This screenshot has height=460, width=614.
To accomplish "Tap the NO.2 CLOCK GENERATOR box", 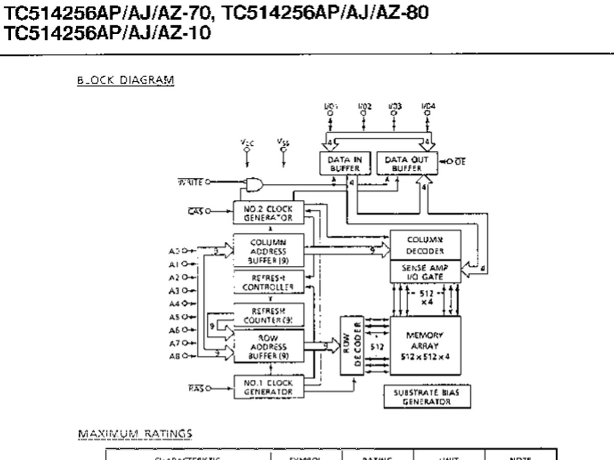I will pyautogui.click(x=268, y=213).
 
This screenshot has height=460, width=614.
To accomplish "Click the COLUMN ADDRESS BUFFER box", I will pyautogui.click(x=268, y=251).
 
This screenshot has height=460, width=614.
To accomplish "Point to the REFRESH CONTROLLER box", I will pyautogui.click(x=268, y=282).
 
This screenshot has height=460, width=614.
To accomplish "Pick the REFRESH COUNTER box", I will pyautogui.click(x=268, y=316).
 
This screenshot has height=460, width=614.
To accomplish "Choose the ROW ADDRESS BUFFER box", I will pyautogui.click(x=268, y=347).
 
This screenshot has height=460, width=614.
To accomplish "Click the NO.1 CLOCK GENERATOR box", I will pyautogui.click(x=268, y=387).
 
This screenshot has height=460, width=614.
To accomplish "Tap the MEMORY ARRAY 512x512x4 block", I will pyautogui.click(x=425, y=346).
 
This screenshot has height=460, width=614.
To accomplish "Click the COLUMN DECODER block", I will pyautogui.click(x=425, y=245).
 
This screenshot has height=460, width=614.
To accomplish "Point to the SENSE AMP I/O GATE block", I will pyautogui.click(x=425, y=271).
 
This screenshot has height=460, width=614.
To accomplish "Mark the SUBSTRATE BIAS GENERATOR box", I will pyautogui.click(x=427, y=397).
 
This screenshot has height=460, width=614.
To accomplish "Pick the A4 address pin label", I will pyautogui.click(x=173, y=304).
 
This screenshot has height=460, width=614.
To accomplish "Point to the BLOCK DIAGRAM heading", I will pyautogui.click(x=125, y=80).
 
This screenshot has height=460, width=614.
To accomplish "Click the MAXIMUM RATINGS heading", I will pyautogui.click(x=135, y=434).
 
